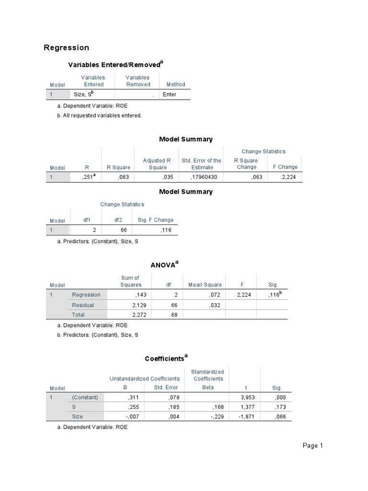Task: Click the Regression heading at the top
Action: [66, 47]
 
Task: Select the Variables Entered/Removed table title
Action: [115, 64]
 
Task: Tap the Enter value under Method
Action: [169, 94]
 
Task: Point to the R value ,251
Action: [90, 177]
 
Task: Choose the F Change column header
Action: [285, 167]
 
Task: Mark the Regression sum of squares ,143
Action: [141, 295]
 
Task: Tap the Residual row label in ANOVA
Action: [83, 305]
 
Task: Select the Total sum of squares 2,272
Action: [138, 315]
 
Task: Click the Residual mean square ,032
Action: [215, 305]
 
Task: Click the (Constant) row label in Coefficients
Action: [85, 397]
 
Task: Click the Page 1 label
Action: [313, 446]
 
